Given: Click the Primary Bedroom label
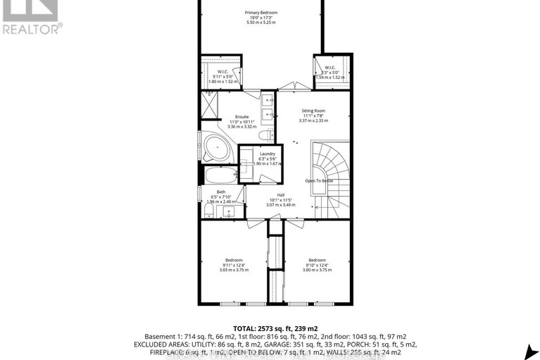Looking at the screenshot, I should (x=261, y=13).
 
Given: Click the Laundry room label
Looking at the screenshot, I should (x=267, y=154).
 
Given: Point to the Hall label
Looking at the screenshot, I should (x=280, y=195).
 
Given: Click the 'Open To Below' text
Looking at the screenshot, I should (x=319, y=181).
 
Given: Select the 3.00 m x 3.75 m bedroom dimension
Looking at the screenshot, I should (x=317, y=269).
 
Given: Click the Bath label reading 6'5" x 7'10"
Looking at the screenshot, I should (x=221, y=197).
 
